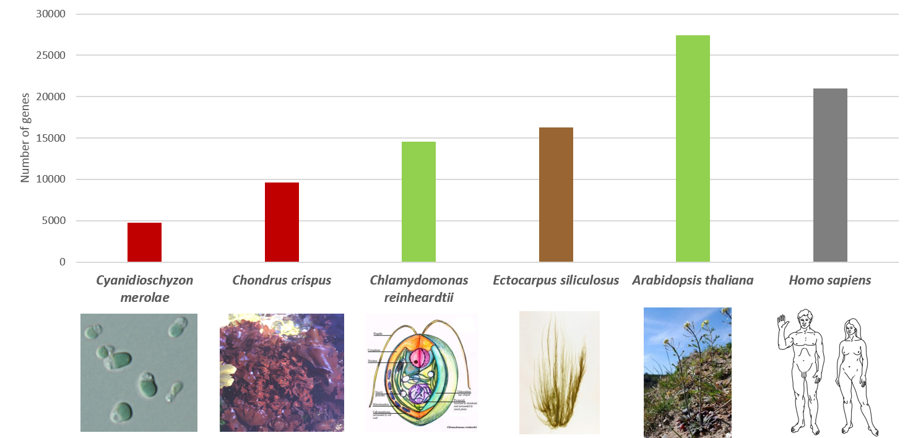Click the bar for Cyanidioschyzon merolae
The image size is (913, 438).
pyautogui.click(x=144, y=242)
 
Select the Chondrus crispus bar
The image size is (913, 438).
pyautogui.click(x=282, y=222)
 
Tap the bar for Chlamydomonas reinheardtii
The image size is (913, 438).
pyautogui.click(x=418, y=202)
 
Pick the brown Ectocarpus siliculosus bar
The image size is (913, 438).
pyautogui.click(x=556, y=195)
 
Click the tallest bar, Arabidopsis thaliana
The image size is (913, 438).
pyautogui.click(x=693, y=148)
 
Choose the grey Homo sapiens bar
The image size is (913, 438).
pyautogui.click(x=830, y=175)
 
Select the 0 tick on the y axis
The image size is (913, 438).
pyautogui.click(x=62, y=262)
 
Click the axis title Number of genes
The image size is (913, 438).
pyautogui.click(x=25, y=137)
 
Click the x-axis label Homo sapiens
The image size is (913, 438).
pyautogui.click(x=829, y=280)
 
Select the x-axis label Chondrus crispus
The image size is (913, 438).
pyautogui.click(x=282, y=280)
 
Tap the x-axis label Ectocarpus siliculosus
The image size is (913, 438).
pyautogui.click(x=556, y=280)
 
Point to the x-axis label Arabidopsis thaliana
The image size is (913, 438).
pyautogui.click(x=693, y=280)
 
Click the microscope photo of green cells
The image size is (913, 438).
pyautogui.click(x=139, y=372)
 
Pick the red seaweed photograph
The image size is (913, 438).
pyautogui.click(x=282, y=372)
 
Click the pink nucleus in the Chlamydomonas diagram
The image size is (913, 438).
pyautogui.click(x=416, y=359)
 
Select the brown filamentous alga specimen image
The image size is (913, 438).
pyautogui.click(x=560, y=372)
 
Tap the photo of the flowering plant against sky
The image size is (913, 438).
pyautogui.click(x=687, y=372)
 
